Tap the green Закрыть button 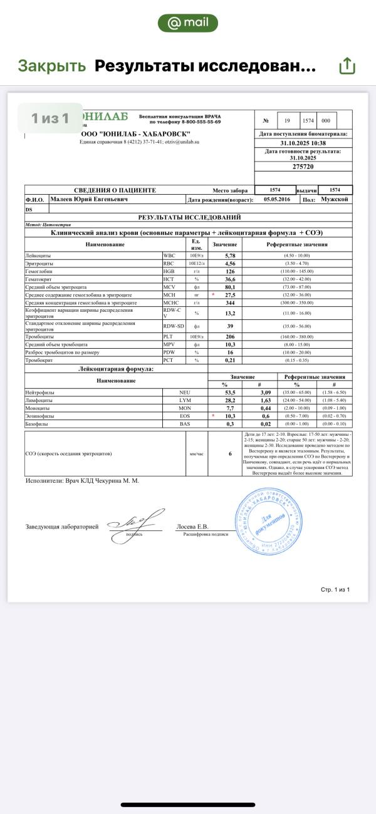tap(51, 66)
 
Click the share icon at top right tap(347, 66)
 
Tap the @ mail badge tap(188, 23)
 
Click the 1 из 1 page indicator tap(50, 118)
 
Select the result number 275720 tap(303, 167)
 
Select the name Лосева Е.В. tap(192, 527)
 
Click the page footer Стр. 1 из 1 tap(335, 589)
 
